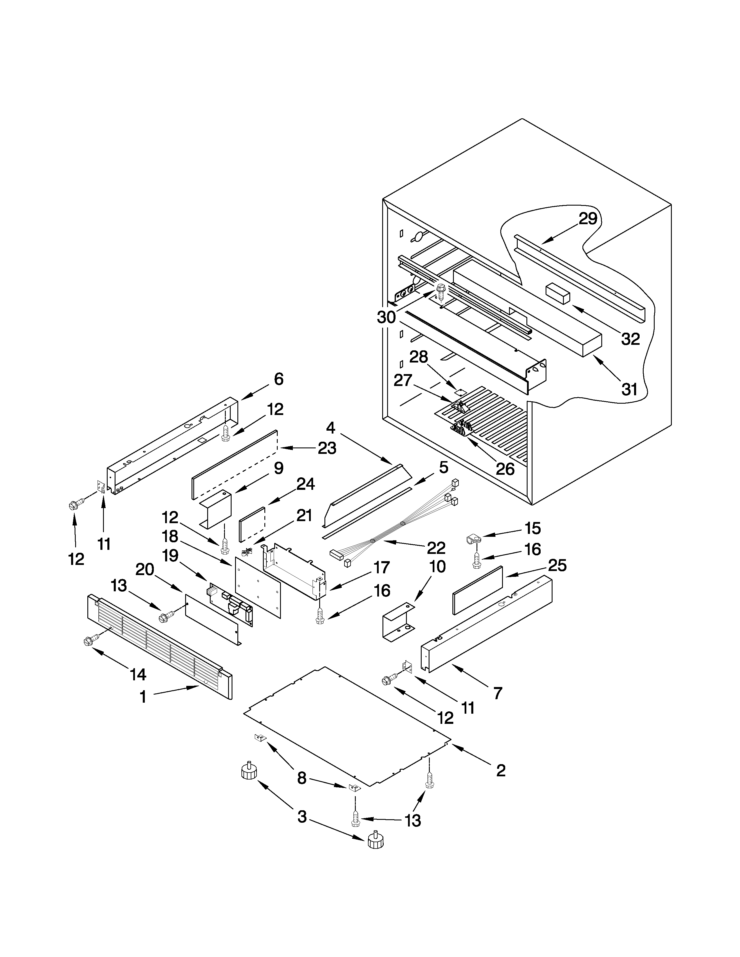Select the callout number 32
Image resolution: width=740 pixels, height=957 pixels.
(x=630, y=339)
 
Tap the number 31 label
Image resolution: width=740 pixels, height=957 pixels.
(x=629, y=389)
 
